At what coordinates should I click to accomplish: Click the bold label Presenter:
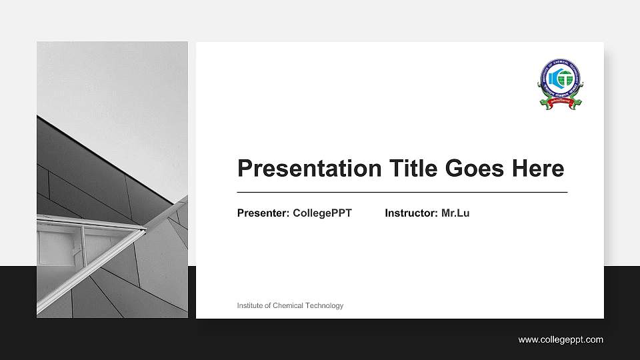pyautogui.click(x=263, y=213)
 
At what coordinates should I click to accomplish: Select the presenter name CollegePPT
pyautogui.click(x=322, y=213)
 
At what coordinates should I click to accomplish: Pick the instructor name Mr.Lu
pyautogui.click(x=455, y=213)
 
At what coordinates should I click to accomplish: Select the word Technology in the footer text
pyautogui.click(x=324, y=305)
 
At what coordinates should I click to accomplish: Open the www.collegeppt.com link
pyautogui.click(x=561, y=340)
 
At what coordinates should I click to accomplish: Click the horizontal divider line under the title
pyautogui.click(x=402, y=192)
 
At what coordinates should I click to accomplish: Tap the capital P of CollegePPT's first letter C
pyautogui.click(x=297, y=213)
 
